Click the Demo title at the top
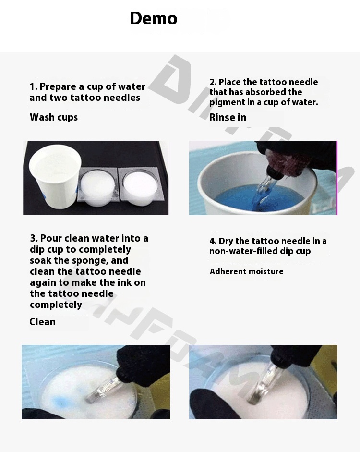point(154,18)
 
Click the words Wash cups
point(54,117)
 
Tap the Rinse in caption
point(228,117)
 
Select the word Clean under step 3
point(42,322)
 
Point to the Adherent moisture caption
point(246,271)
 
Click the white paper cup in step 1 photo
point(55,176)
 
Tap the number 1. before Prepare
point(34,86)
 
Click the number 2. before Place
point(213,82)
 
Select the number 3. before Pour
point(34,238)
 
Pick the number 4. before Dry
point(213,241)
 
